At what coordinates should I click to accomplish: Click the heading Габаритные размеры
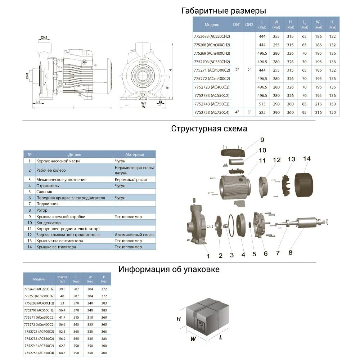(x=224, y=11)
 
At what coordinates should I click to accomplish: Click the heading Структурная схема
(x=209, y=129)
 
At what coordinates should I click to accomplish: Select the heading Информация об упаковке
(x=169, y=269)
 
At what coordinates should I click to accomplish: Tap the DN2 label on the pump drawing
(x=44, y=37)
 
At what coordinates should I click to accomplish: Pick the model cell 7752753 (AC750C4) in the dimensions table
(x=212, y=112)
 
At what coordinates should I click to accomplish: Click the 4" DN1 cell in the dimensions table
(x=237, y=112)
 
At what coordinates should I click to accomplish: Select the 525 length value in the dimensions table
(x=262, y=112)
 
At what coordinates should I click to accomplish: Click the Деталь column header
(x=75, y=154)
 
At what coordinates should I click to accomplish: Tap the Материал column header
(x=135, y=154)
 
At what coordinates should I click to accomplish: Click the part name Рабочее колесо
(x=51, y=170)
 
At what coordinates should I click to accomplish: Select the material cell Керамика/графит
(x=131, y=179)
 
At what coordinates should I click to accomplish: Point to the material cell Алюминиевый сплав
(x=134, y=235)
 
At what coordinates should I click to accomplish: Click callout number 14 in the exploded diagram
(x=307, y=158)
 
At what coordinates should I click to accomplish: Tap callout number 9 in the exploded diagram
(x=262, y=140)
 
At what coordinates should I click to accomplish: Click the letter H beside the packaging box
(x=178, y=319)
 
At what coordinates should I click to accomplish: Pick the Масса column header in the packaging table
(x=62, y=279)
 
